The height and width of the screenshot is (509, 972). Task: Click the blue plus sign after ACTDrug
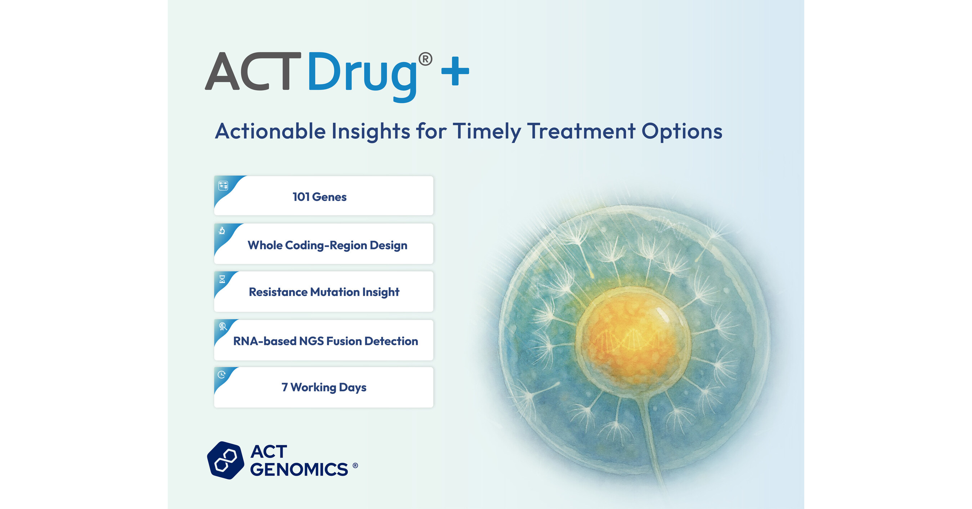pos(455,71)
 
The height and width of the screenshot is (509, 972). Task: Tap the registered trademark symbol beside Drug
pos(425,59)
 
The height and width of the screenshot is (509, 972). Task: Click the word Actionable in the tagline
pos(270,131)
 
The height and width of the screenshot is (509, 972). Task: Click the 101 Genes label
pos(320,197)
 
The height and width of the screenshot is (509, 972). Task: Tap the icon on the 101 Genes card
pos(223,186)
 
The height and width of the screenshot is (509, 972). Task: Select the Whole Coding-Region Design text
pos(328,245)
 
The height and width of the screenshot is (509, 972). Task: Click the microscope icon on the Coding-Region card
pos(222,230)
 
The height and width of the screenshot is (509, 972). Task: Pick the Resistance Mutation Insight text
pos(324,292)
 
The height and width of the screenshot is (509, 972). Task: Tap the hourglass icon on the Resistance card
pos(222,279)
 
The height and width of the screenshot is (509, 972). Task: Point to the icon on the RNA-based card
pos(222,326)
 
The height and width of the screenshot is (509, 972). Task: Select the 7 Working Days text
pos(324,387)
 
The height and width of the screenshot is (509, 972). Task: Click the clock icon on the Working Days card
pos(221,374)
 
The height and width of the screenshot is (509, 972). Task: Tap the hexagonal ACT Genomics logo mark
pos(226,460)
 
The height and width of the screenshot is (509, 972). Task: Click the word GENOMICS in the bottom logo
pos(299,469)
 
